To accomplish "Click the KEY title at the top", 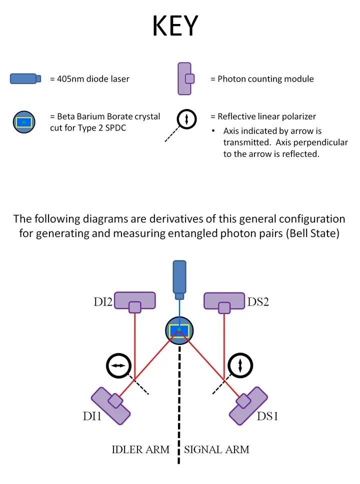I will pos(175,25).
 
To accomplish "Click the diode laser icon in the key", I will pos(25,78).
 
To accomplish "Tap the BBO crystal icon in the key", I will pos(24,121).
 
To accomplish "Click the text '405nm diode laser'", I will pos(89,78).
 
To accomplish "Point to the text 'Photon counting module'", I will pos(265,78).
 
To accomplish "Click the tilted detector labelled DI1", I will pos(111,405).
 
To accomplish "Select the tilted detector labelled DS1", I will pos(248,405).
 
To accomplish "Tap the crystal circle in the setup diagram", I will pos(179,329).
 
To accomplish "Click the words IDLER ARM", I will pos(140,449).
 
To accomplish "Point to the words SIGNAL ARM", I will pos(217,449).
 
